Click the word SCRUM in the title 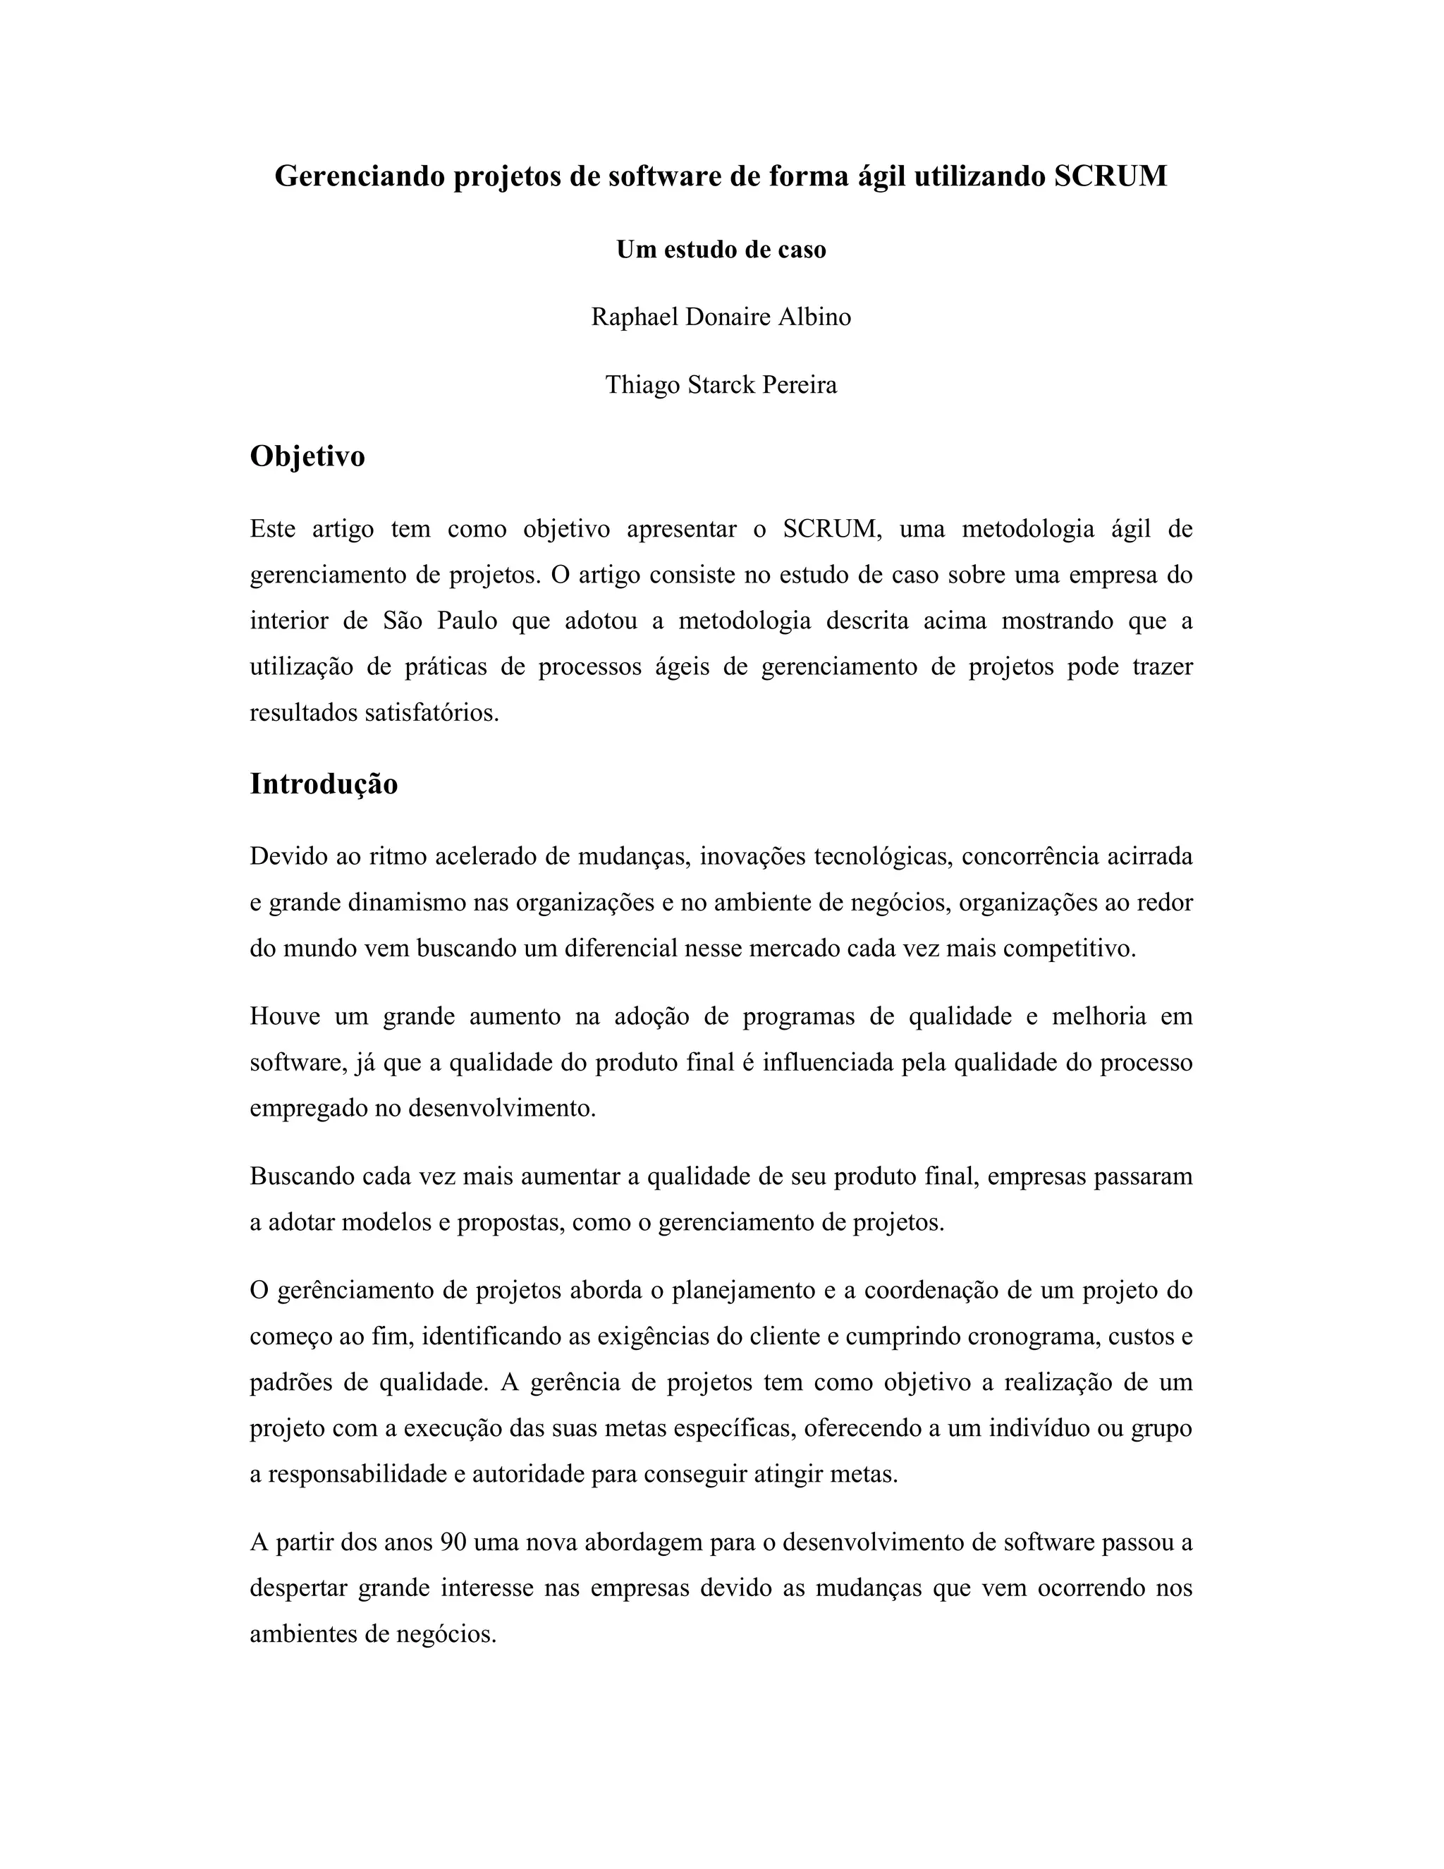pyautogui.click(x=1110, y=176)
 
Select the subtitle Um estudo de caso pyautogui.click(x=721, y=250)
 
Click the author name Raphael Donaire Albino pyautogui.click(x=721, y=317)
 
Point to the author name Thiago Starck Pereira pyautogui.click(x=721, y=385)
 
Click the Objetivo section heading pyautogui.click(x=307, y=456)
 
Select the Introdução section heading pyautogui.click(x=324, y=784)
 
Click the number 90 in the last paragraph pyautogui.click(x=453, y=1542)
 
